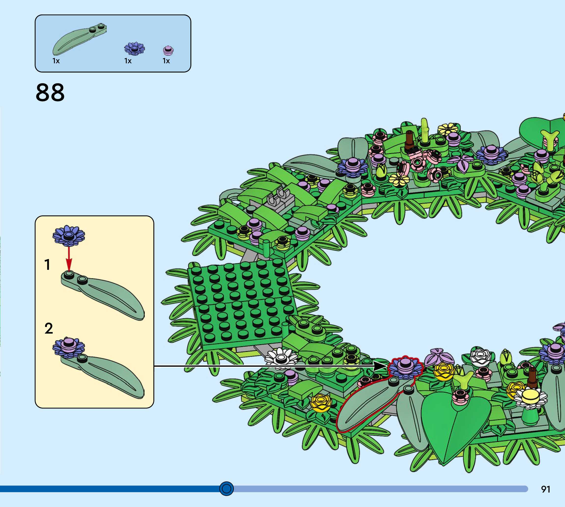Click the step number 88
coord(50,92)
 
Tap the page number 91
coord(546,489)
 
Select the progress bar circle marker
coord(226,488)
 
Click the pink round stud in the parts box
coord(168,51)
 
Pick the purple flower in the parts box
coord(134,49)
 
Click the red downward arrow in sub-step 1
coord(69,259)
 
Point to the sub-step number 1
coord(47,265)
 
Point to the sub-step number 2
coord(49,328)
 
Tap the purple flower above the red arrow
coord(69,236)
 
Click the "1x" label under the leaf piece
coord(56,61)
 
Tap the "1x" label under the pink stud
coord(166,61)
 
